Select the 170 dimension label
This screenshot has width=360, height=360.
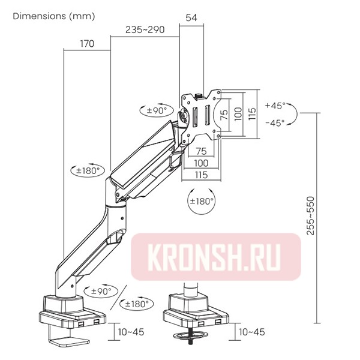(x=87, y=43)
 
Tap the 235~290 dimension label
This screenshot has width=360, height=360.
(x=145, y=30)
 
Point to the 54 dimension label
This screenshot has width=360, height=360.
(x=192, y=19)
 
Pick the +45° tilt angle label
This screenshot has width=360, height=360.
(x=275, y=106)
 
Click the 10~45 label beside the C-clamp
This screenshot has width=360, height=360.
(x=130, y=331)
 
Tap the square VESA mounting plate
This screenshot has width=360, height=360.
(x=201, y=114)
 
